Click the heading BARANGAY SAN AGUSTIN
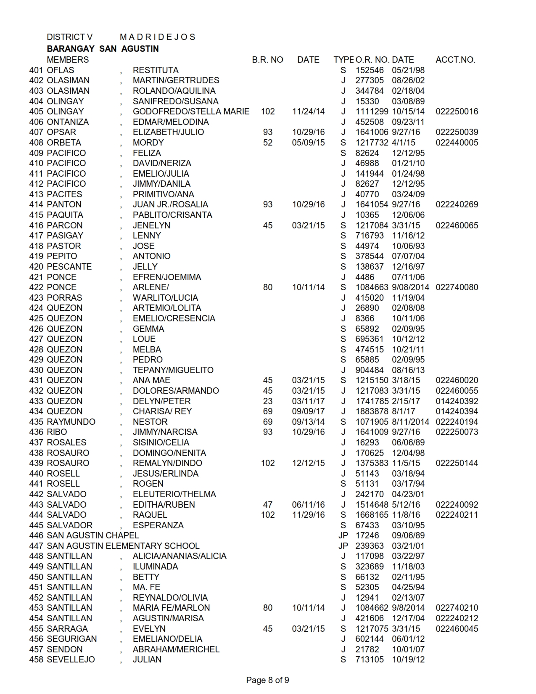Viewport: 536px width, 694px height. click(103, 49)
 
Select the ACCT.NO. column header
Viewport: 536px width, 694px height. click(455, 60)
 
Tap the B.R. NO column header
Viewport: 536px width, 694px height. click(267, 60)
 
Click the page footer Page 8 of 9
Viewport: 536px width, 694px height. click(267, 680)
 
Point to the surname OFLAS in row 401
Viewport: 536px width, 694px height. click(61, 70)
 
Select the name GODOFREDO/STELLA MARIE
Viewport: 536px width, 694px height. click(191, 111)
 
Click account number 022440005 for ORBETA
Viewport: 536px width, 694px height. click(457, 143)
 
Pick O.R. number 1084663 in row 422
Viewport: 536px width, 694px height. click(372, 287)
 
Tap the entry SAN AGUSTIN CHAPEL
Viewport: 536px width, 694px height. click(92, 535)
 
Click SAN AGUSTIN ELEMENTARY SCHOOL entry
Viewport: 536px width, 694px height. click(123, 546)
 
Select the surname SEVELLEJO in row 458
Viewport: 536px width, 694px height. click(71, 660)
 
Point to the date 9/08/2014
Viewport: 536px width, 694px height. click(410, 287)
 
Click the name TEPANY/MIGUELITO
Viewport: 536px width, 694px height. click(173, 370)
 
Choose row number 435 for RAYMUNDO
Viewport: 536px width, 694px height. click(36, 422)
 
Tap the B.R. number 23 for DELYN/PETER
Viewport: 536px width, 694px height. click(267, 401)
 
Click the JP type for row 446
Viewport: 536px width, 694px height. click(343, 535)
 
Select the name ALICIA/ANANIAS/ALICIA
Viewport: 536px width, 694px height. click(180, 556)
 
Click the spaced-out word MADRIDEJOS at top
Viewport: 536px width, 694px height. click(157, 37)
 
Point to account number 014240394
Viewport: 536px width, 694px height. click(457, 411)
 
